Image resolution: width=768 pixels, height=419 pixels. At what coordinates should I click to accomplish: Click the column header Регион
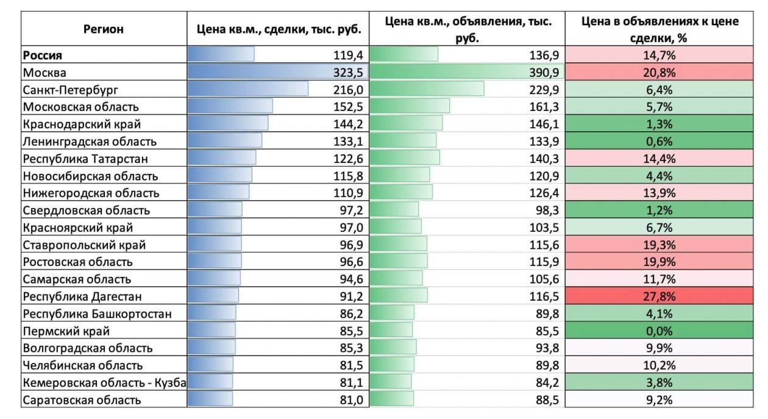(103, 29)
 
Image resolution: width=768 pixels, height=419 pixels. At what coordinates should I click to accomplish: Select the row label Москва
(44, 73)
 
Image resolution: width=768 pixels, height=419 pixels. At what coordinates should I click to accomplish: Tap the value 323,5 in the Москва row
(348, 73)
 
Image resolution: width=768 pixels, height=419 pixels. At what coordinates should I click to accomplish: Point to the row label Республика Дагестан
(82, 297)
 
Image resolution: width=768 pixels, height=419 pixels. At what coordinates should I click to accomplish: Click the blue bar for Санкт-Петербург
(247, 90)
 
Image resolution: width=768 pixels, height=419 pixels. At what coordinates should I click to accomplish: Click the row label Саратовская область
(82, 400)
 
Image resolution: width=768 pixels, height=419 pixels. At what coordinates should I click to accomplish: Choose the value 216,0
(348, 90)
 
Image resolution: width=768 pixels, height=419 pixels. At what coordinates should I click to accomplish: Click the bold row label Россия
(43, 55)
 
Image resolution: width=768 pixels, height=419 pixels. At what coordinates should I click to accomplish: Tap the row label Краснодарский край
(82, 124)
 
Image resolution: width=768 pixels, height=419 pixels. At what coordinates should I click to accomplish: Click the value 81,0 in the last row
(350, 400)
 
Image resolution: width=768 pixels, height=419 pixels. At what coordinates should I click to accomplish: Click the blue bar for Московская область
(230, 107)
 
